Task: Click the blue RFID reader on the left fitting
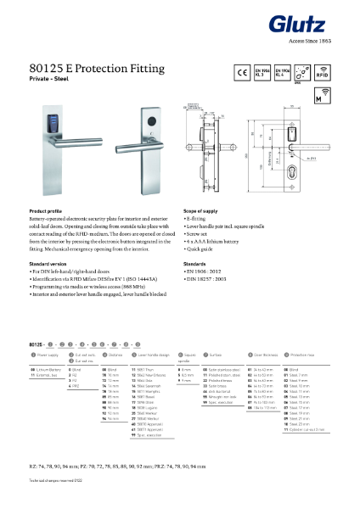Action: (59, 119)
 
